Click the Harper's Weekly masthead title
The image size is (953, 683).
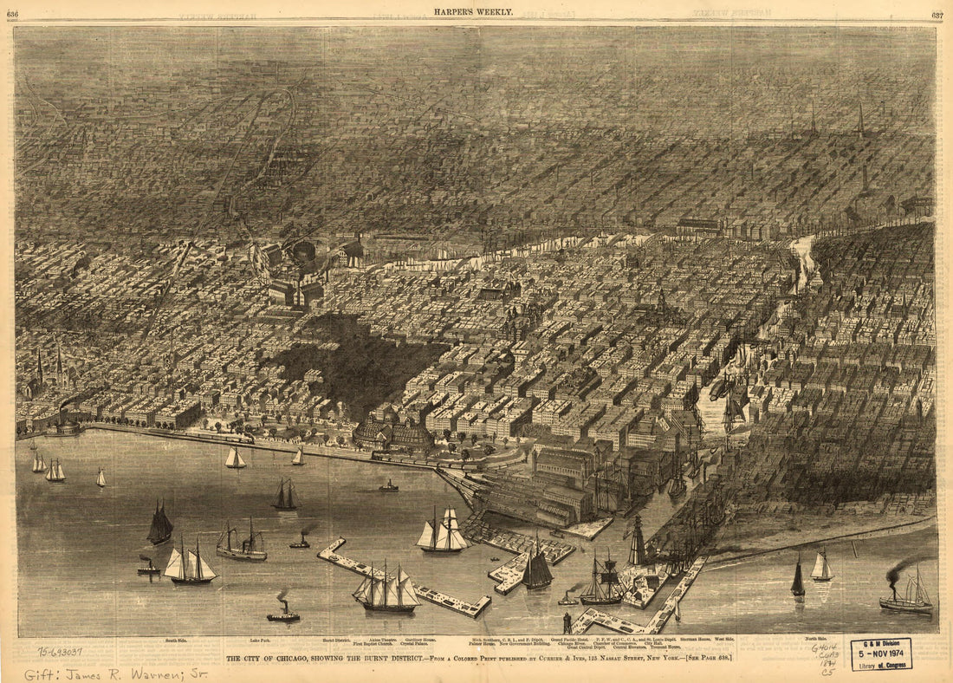[x=474, y=12]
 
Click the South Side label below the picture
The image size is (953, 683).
[x=176, y=641]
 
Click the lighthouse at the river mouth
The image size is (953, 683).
[x=638, y=542]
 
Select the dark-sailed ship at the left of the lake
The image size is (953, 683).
[x=159, y=524]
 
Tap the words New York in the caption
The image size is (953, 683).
[x=671, y=659]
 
